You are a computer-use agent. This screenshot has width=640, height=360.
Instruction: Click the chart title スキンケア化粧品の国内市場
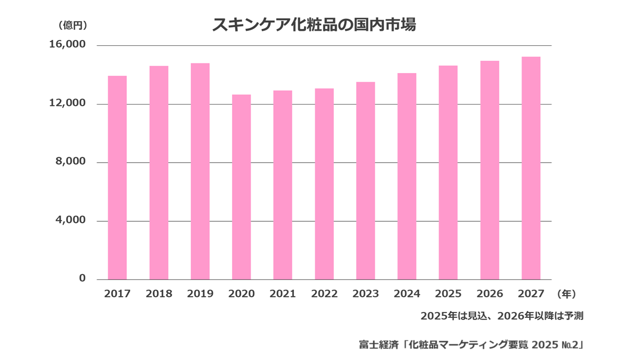click(314, 25)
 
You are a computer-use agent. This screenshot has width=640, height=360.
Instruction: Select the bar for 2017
click(117, 178)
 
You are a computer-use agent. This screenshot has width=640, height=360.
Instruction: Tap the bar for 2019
click(200, 171)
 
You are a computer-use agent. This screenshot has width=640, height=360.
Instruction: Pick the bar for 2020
click(242, 187)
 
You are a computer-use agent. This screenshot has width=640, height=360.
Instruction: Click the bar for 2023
click(365, 181)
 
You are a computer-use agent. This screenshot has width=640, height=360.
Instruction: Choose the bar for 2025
click(448, 173)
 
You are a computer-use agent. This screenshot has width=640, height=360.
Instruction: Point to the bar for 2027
click(531, 169)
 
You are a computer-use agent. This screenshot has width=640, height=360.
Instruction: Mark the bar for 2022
click(324, 184)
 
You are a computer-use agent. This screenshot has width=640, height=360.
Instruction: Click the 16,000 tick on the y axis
click(67, 44)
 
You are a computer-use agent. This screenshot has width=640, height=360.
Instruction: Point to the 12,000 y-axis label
click(67, 103)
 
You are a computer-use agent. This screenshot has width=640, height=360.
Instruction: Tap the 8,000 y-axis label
click(70, 162)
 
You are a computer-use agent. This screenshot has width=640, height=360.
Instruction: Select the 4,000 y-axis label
click(70, 220)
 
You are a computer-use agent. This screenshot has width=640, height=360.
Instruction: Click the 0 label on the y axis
click(82, 278)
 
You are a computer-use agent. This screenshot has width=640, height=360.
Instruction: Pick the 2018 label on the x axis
click(159, 294)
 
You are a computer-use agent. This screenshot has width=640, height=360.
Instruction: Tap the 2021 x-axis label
click(283, 294)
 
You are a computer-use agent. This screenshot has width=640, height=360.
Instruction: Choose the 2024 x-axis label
click(407, 294)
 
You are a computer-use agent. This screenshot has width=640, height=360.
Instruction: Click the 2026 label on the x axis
click(490, 294)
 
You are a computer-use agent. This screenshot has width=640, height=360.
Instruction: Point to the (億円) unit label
click(73, 26)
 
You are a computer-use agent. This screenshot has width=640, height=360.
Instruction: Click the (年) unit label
click(566, 294)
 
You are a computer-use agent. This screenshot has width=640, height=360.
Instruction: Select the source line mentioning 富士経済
click(471, 345)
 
